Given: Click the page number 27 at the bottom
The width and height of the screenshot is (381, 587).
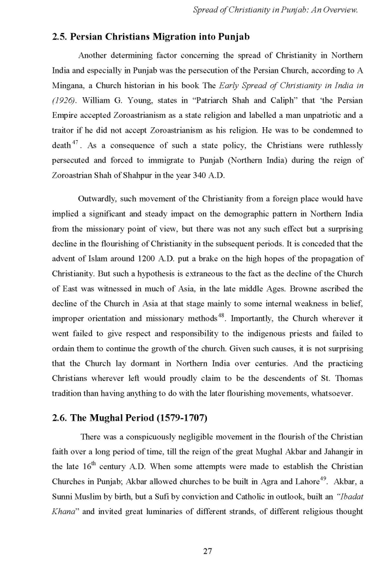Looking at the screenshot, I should click(207, 551).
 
